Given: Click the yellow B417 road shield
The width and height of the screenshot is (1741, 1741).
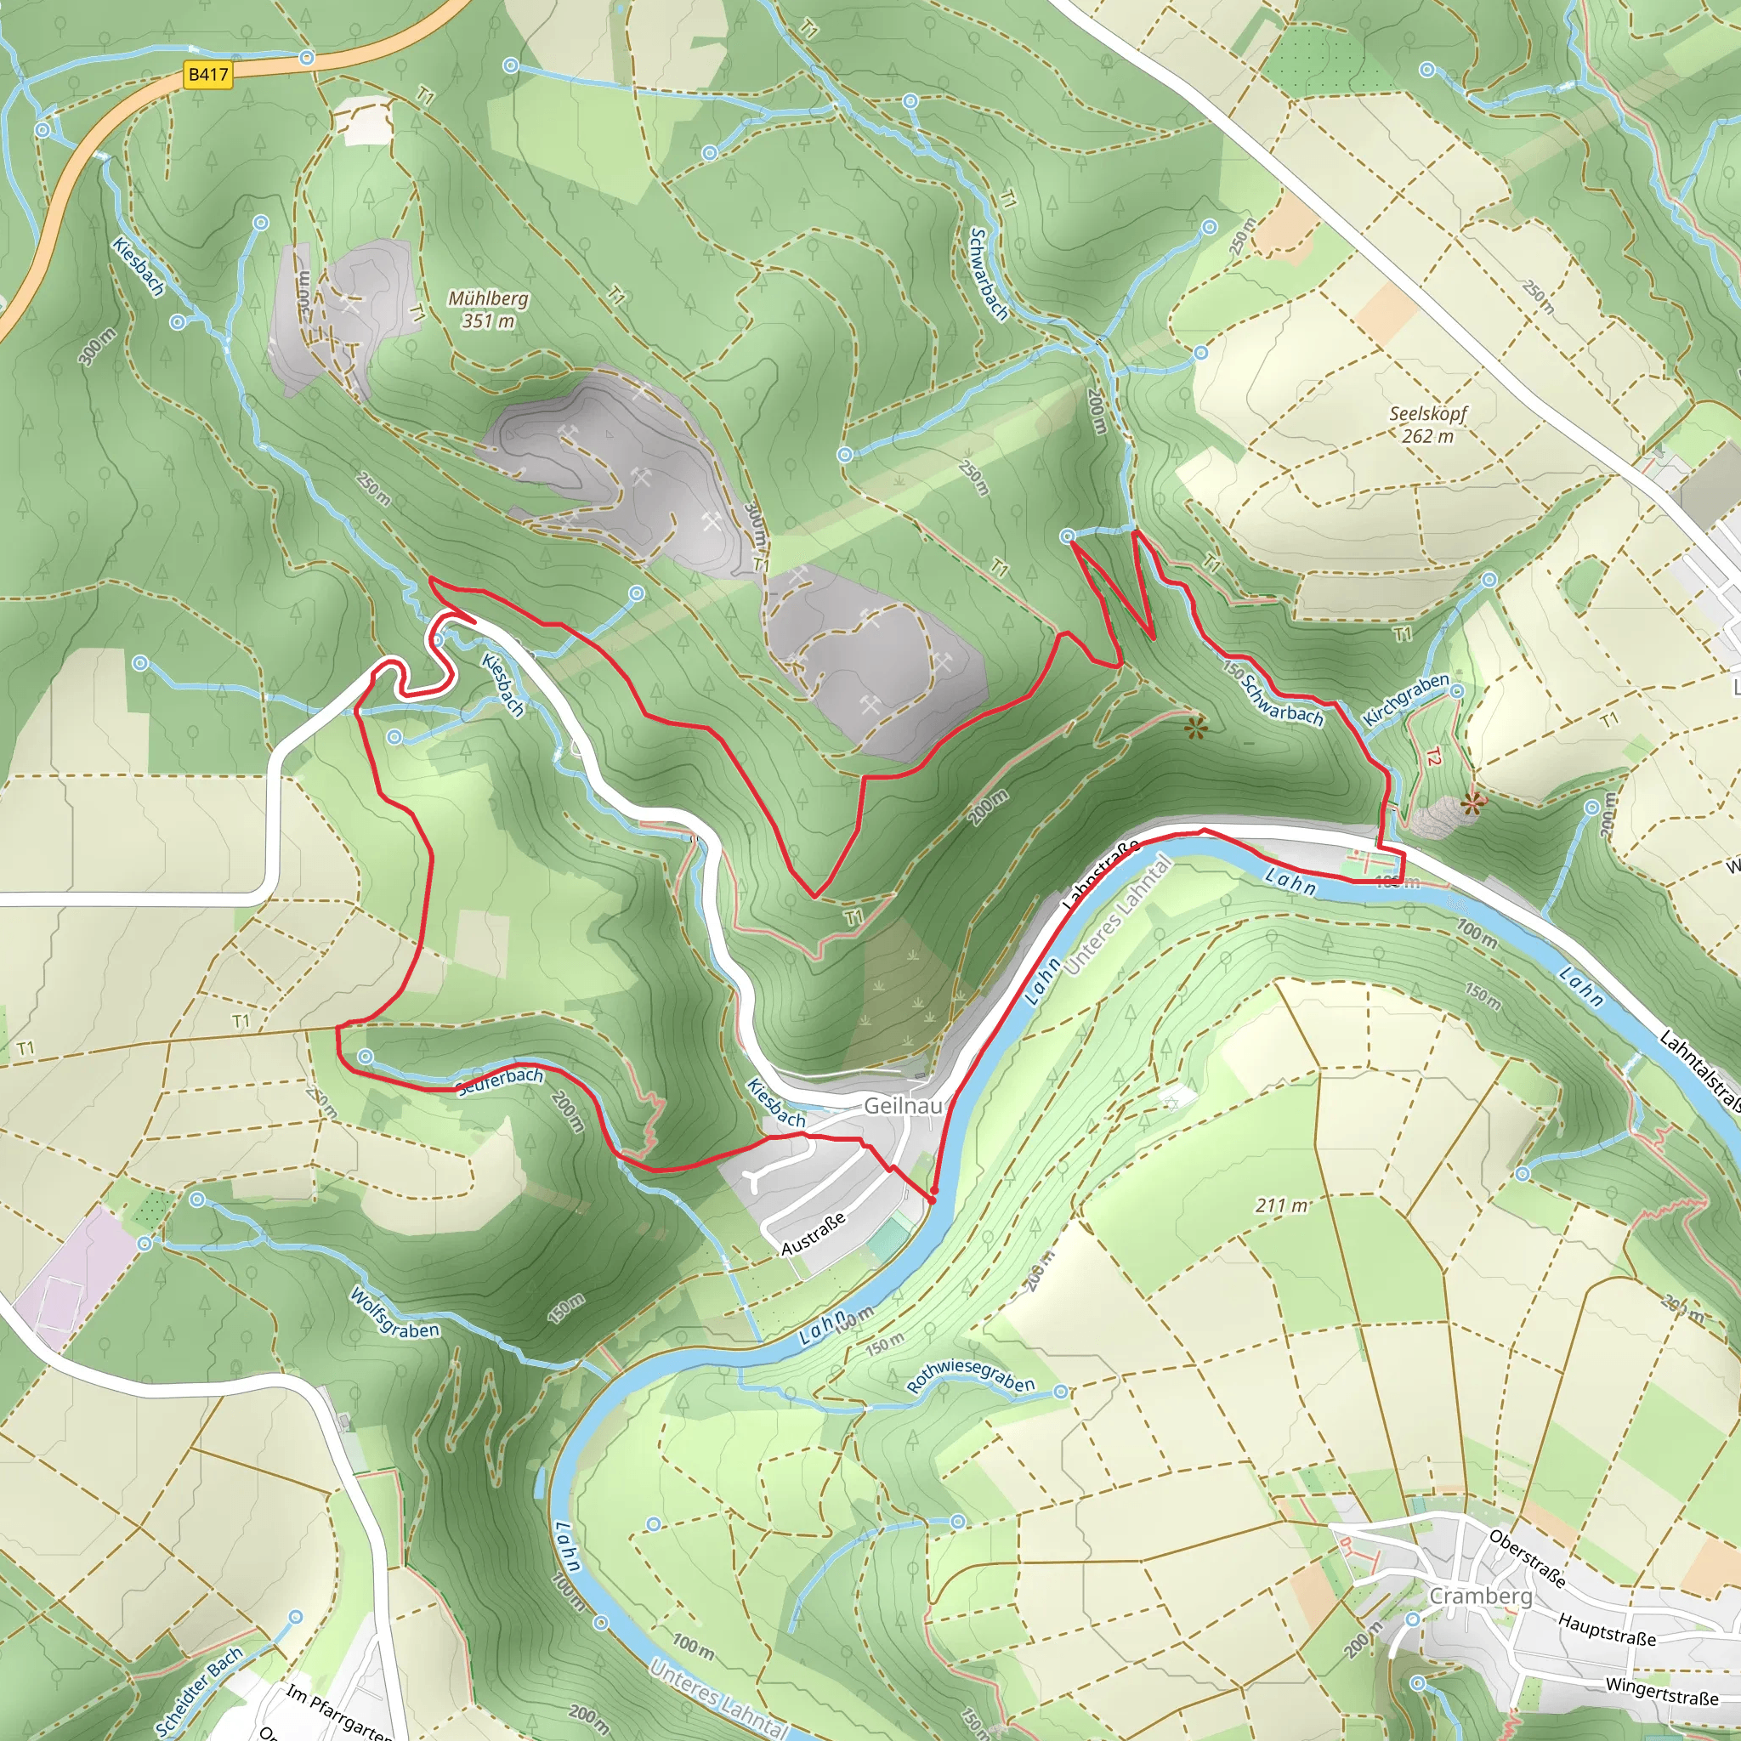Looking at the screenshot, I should pos(208,74).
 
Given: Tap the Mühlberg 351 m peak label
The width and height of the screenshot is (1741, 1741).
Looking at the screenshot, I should pos(489,309).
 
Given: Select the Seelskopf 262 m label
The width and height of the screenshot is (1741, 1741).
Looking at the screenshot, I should pos(1428,424).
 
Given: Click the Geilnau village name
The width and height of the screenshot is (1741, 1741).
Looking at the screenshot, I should pos(903,1106).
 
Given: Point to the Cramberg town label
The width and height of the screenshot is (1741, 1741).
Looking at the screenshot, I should pos(1481,1596).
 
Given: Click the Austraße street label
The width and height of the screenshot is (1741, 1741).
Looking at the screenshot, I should pos(813,1234).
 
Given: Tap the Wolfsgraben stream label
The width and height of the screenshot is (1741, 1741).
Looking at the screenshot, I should pos(394,1314).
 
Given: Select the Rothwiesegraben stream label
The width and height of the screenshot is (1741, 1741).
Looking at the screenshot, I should pos(972,1375).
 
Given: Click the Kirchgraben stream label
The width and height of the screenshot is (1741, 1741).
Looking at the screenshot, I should pos(1406,700).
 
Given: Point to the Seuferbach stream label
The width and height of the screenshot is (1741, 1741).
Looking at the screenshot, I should pos(500,1081).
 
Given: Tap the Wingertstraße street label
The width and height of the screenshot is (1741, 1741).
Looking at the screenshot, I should pos(1662,1692).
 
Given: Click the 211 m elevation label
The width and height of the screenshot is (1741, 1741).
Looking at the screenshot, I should pos(1281,1205).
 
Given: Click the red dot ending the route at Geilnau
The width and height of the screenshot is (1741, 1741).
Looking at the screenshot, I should pos(933,1199).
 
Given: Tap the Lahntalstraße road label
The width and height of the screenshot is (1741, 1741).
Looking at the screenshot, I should pos(1699,1069).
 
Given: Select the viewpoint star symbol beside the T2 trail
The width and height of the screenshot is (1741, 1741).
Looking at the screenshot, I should pos(1472,804).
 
